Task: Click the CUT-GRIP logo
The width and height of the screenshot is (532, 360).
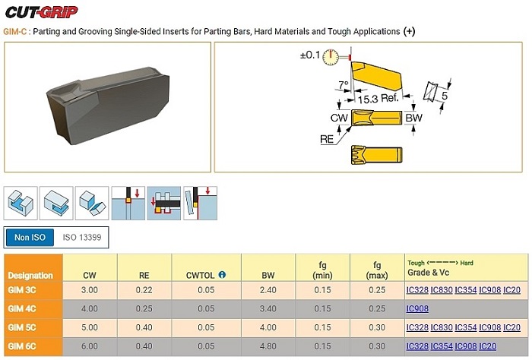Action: coord(41,12)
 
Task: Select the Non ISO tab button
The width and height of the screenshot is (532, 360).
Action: coord(30,237)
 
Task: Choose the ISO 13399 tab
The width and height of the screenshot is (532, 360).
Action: coord(82,237)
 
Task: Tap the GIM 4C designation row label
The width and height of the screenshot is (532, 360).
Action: coord(22,309)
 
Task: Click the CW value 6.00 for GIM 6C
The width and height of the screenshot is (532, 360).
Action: coord(90,346)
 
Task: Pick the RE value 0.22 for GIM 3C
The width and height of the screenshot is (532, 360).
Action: coord(144,290)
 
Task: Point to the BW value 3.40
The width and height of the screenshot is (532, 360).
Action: coord(268,309)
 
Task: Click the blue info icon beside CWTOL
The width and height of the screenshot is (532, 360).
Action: coord(222,275)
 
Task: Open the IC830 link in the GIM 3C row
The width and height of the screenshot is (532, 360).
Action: coord(442,290)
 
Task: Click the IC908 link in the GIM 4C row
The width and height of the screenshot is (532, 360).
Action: coord(417,308)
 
